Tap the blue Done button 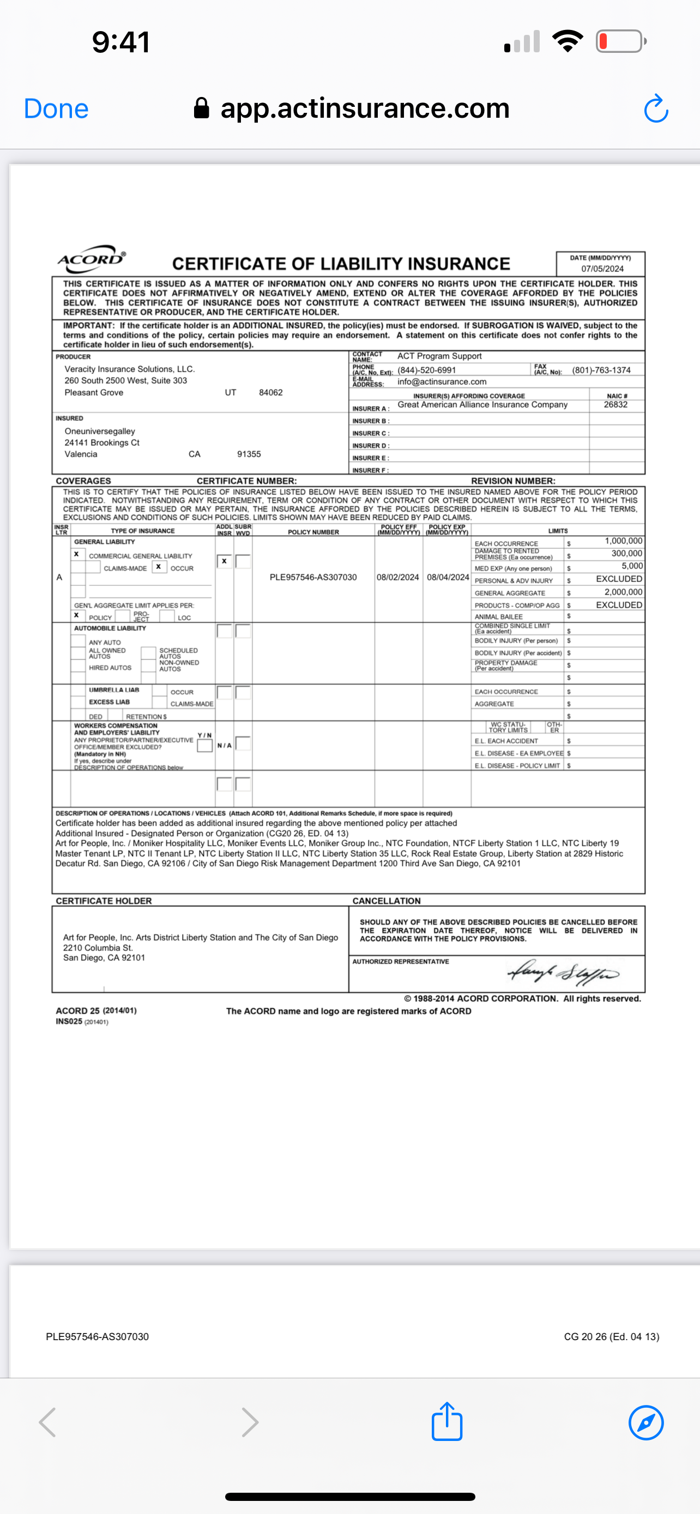(x=56, y=109)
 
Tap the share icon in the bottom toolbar (x=446, y=1422)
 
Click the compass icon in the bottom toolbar (x=646, y=1422)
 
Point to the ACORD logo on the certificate (x=91, y=259)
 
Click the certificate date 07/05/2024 (x=602, y=269)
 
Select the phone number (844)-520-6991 (x=427, y=370)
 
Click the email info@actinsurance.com (x=442, y=382)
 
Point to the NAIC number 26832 (x=615, y=405)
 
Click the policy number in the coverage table (x=313, y=578)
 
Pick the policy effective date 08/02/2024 (x=398, y=578)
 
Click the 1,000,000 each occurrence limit (x=623, y=541)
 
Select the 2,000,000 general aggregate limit (x=623, y=592)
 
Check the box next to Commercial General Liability (x=76, y=554)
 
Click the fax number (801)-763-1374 (x=601, y=370)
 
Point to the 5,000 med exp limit (x=632, y=566)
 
